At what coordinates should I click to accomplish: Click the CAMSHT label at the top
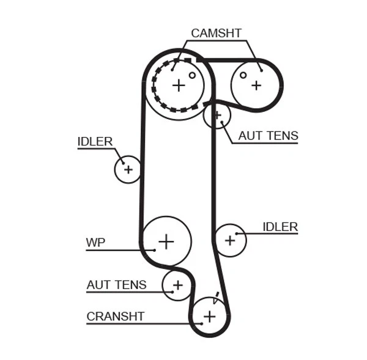coord(216,33)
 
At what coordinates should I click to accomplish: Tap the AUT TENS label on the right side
coord(268,136)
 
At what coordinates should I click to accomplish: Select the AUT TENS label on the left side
coord(116,284)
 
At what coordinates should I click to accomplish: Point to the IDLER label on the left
coord(95,142)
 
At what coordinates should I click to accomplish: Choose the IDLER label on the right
coord(280,227)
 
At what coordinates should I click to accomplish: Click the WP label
coord(95,243)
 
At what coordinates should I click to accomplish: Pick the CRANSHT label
coord(115,316)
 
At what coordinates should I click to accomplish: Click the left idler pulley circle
coord(128,169)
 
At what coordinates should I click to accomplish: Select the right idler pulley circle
coord(230,240)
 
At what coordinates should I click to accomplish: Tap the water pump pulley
coord(166,241)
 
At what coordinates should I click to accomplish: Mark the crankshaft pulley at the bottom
coord(209,316)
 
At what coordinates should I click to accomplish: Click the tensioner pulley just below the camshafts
coord(217,115)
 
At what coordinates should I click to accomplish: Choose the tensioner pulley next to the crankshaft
coord(177,285)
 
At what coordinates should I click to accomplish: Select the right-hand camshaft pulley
coord(255,85)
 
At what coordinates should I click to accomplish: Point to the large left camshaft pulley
coord(178,85)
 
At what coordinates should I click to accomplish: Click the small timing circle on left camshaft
coord(192,75)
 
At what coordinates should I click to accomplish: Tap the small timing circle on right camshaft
coord(243,75)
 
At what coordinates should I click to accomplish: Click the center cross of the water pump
coord(166,241)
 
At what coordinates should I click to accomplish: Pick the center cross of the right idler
coord(230,240)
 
